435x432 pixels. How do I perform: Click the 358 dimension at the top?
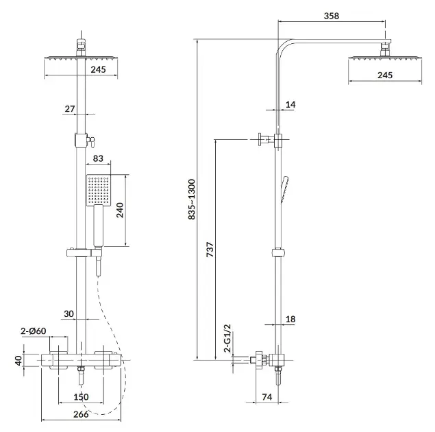[x=332, y=16]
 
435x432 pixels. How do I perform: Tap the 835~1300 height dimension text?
[x=192, y=200]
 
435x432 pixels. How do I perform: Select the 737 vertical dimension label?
[x=210, y=250]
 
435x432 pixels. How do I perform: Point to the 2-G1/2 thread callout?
[x=227, y=338]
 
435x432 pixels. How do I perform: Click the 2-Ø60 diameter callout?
[x=34, y=331]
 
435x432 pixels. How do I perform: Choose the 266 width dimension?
[x=81, y=414]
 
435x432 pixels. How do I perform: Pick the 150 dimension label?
[x=81, y=397]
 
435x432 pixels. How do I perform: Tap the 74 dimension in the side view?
[x=267, y=397]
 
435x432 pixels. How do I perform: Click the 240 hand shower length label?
[x=120, y=210]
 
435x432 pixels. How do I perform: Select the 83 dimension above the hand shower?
[x=98, y=158]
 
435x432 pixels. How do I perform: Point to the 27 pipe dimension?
[x=70, y=108]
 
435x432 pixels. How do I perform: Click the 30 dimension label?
[x=69, y=314]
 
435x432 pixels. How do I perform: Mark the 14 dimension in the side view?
[x=290, y=105]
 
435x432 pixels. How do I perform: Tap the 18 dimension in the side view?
[x=290, y=320]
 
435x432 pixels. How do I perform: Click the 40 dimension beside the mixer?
[x=18, y=361]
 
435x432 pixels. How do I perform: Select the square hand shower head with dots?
[x=99, y=191]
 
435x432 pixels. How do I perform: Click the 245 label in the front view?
[x=98, y=69]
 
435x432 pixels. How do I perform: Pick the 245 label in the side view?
[x=385, y=75]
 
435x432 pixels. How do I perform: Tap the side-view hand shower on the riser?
[x=285, y=189]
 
